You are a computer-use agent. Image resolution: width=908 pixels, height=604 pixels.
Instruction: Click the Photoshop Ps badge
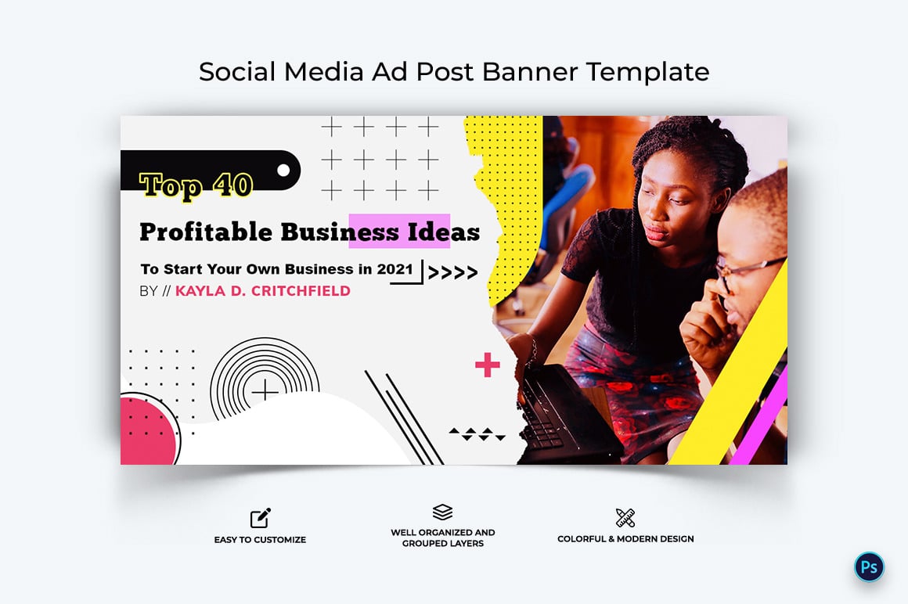tap(869, 567)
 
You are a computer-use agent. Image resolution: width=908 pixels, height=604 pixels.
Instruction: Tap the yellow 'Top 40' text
tap(196, 185)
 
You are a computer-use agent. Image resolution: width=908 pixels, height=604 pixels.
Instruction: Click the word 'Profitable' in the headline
tap(206, 232)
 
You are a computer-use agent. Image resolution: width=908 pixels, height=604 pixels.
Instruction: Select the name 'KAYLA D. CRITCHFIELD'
tap(262, 291)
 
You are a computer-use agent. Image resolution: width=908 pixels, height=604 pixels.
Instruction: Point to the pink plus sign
tap(487, 365)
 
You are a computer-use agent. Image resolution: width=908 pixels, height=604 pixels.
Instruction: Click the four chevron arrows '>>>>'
tap(452, 273)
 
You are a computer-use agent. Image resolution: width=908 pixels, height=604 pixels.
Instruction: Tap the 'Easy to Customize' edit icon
tap(260, 517)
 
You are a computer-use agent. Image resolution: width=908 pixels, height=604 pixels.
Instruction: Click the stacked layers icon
tap(442, 512)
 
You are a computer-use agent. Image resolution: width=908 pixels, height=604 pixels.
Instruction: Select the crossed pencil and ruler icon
tap(625, 517)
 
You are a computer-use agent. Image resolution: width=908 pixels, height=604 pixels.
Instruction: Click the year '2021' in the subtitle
tap(395, 269)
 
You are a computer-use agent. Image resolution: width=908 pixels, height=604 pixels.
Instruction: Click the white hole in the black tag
tap(284, 170)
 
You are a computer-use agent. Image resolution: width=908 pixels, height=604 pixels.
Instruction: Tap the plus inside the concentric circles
tap(265, 390)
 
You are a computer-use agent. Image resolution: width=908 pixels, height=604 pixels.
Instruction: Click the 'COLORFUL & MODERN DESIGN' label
tap(625, 539)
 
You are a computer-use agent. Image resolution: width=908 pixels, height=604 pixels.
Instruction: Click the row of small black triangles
tap(477, 433)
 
